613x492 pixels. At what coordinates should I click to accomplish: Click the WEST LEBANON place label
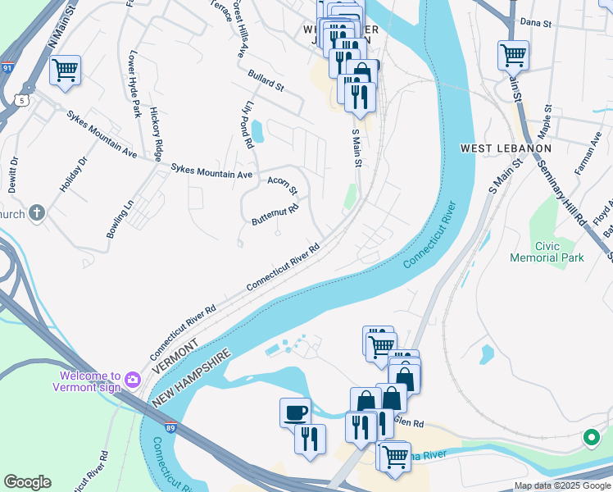pos(506,148)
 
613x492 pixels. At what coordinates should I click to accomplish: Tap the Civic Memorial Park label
pos(558,252)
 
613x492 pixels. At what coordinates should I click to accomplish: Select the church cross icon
pos(36,214)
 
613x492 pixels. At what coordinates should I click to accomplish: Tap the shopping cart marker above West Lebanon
pos(513,56)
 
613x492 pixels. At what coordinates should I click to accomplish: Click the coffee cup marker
pos(295,412)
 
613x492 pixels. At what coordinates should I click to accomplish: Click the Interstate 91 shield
pos(7,66)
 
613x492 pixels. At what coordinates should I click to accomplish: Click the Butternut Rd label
pos(275,214)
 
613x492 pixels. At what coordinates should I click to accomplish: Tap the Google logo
pos(27,482)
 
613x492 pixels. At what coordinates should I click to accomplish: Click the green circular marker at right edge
pos(591,438)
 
